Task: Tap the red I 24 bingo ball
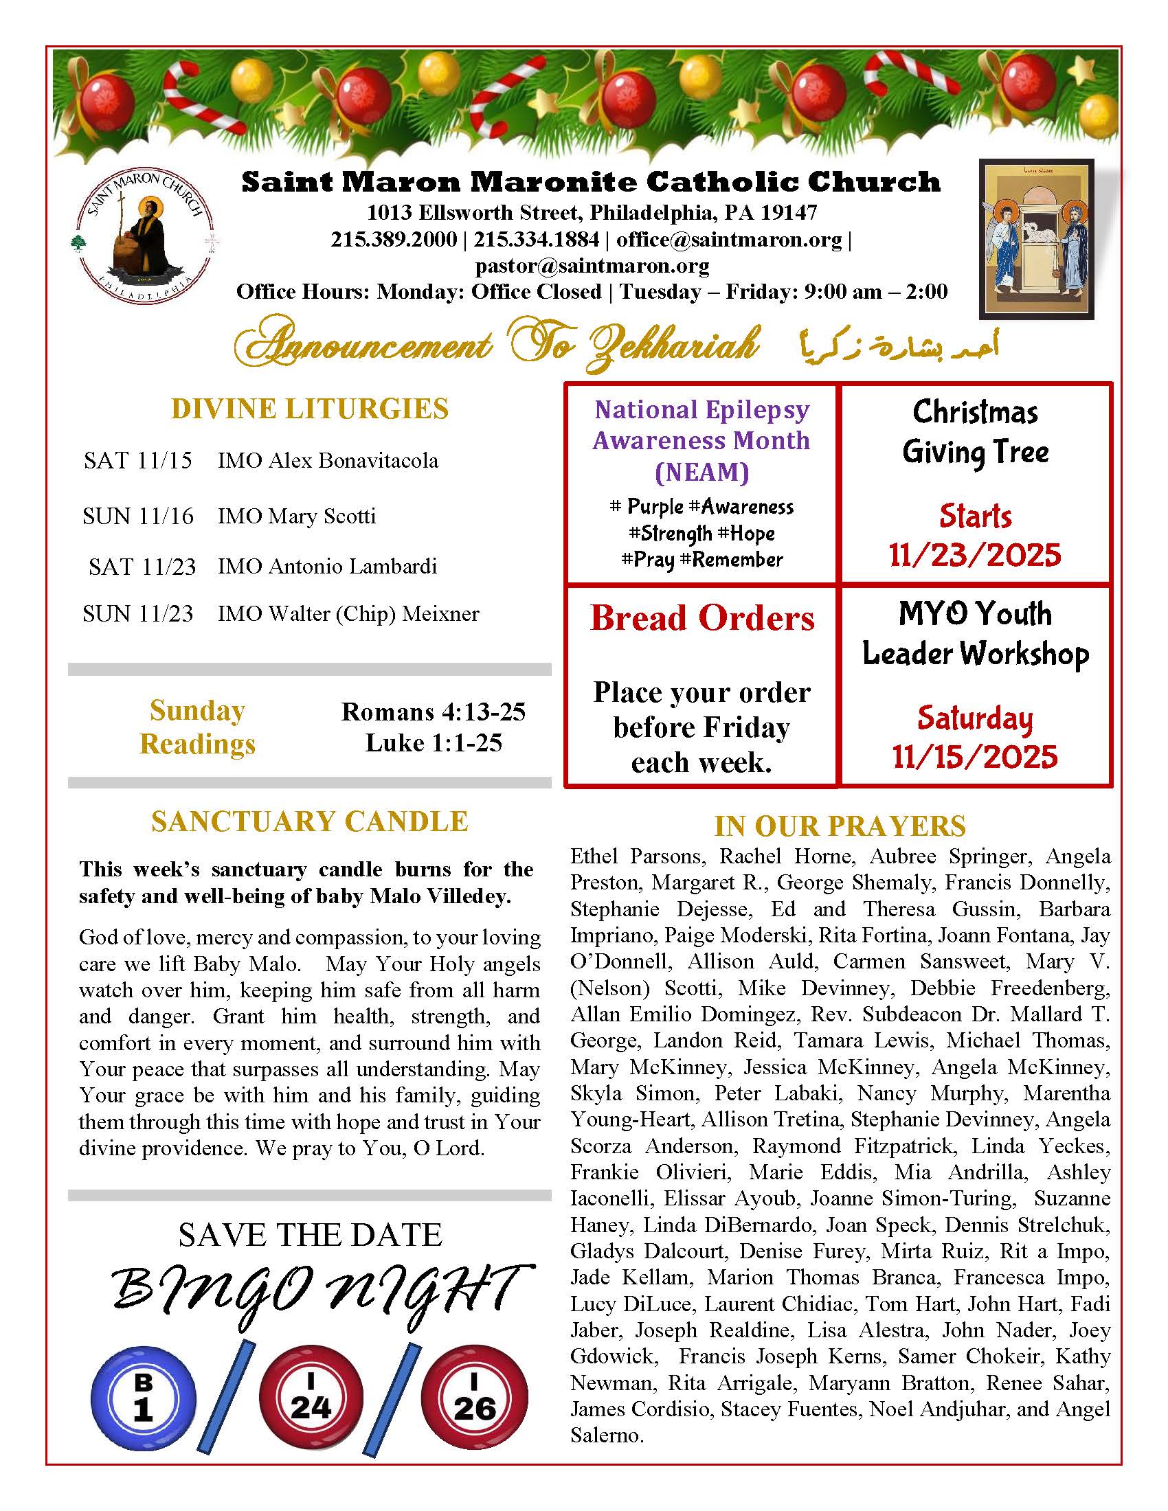click(311, 1398)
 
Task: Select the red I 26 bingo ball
click(474, 1398)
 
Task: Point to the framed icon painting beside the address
click(1036, 239)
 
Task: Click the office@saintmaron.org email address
click(729, 240)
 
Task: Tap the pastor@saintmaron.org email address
click(592, 266)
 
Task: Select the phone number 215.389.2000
click(393, 240)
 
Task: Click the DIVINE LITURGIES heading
click(309, 409)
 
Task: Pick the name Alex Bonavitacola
click(353, 460)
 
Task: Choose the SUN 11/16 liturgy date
click(137, 516)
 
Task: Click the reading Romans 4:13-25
click(433, 712)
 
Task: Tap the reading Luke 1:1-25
click(433, 742)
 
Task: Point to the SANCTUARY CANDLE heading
click(309, 821)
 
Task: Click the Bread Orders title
click(701, 618)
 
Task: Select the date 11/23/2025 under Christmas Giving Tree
click(974, 555)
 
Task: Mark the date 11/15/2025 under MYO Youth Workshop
click(974, 757)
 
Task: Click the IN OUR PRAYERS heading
click(840, 826)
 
